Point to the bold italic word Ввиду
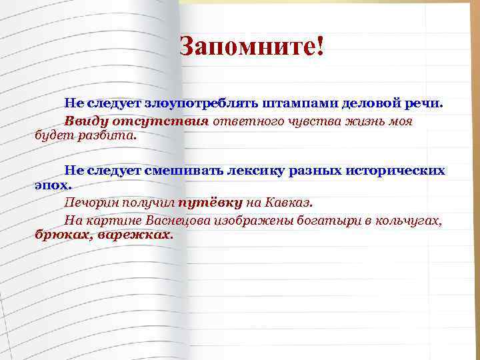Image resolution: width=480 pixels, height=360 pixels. pyautogui.click(x=83, y=121)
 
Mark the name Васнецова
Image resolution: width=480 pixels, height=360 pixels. pyautogui.click(x=172, y=220)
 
